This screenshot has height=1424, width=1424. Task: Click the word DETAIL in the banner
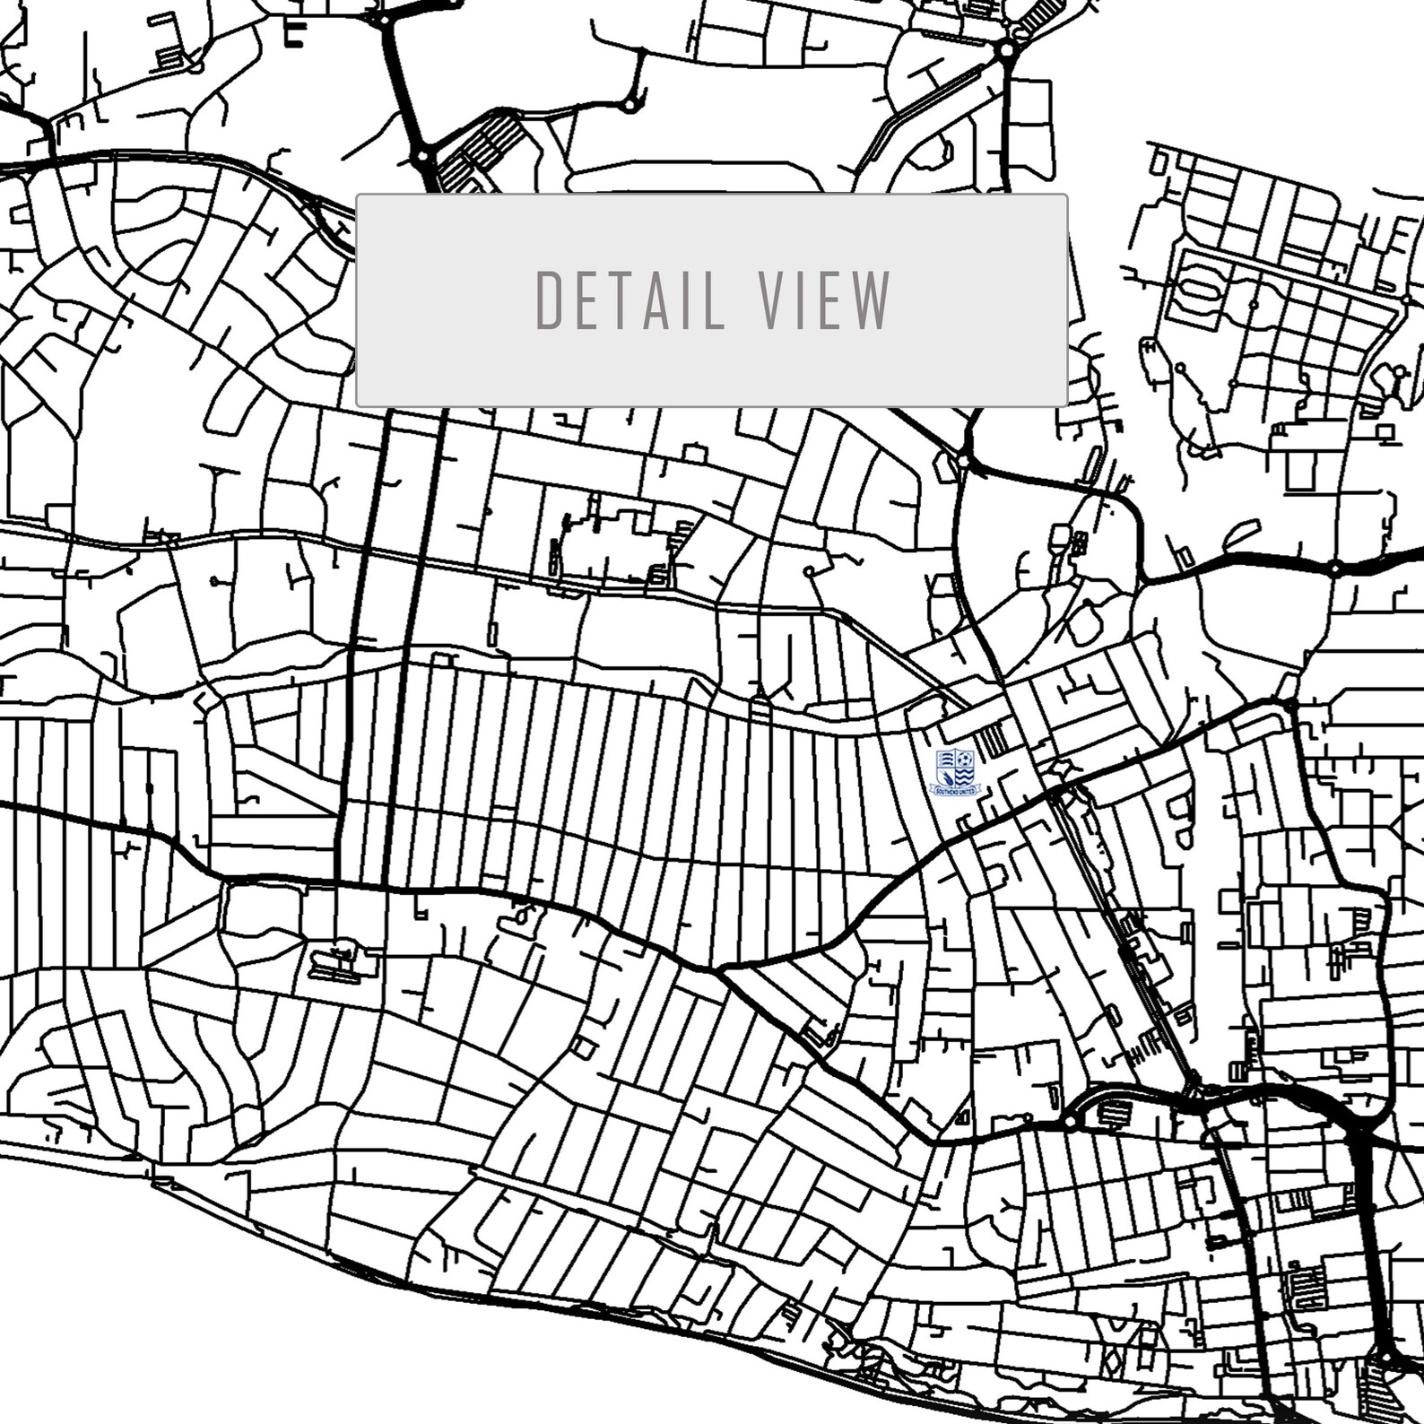[x=630, y=300]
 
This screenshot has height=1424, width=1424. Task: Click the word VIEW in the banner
[x=824, y=300]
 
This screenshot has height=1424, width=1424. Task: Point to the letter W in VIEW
[x=872, y=300]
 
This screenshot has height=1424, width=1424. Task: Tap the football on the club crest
[x=965, y=759]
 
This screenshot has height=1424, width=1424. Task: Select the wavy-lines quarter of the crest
[x=964, y=777]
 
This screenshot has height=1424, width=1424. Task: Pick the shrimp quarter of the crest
[x=948, y=778]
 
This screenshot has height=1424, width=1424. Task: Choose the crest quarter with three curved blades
[x=947, y=759]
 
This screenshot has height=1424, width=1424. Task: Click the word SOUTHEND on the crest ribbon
[x=948, y=791]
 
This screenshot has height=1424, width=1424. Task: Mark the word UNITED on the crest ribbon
[x=967, y=791]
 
